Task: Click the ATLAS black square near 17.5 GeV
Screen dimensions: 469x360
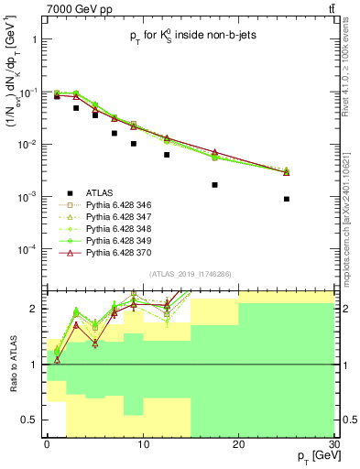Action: click(x=214, y=184)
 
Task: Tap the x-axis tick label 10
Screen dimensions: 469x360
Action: click(x=142, y=443)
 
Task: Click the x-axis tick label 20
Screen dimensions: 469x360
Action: click(x=237, y=443)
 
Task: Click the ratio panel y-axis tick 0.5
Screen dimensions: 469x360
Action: click(x=33, y=420)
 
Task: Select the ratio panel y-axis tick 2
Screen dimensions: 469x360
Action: click(x=37, y=310)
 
